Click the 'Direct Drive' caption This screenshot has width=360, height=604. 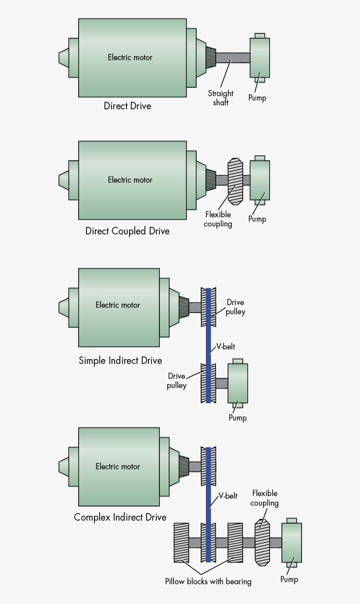[x=127, y=106]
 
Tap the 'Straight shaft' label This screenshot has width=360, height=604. [x=220, y=98]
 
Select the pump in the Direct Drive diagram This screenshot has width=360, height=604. [x=259, y=58]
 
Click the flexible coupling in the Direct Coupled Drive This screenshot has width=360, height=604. [x=235, y=181]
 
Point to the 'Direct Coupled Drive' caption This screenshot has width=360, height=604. [x=127, y=231]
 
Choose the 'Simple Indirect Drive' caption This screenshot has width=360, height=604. [x=120, y=361]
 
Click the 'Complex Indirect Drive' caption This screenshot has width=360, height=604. [x=120, y=517]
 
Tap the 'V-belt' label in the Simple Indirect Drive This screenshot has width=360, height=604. [x=226, y=347]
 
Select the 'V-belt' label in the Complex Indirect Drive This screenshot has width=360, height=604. [x=228, y=496]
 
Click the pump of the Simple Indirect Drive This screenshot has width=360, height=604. [x=238, y=383]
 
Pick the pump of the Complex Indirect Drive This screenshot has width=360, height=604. [x=291, y=543]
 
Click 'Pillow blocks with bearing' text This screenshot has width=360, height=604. [x=208, y=582]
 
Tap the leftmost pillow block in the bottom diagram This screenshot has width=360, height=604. [x=181, y=543]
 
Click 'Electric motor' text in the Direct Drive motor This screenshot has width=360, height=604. [x=130, y=58]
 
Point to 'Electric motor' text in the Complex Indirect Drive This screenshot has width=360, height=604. [x=118, y=467]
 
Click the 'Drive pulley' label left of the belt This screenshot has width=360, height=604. [x=176, y=381]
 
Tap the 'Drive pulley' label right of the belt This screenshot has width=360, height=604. [x=235, y=307]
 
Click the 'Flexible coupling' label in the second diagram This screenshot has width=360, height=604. [x=218, y=219]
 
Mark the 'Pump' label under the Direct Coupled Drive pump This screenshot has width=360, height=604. [x=257, y=219]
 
